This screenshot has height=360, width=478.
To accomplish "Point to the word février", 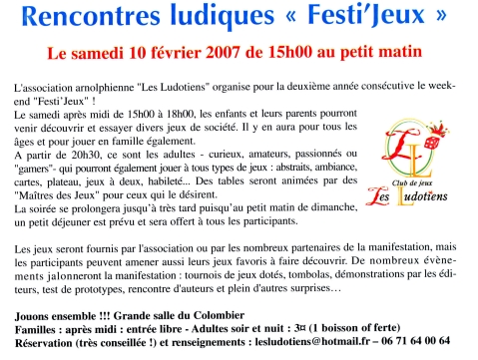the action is (x=184, y=49).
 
